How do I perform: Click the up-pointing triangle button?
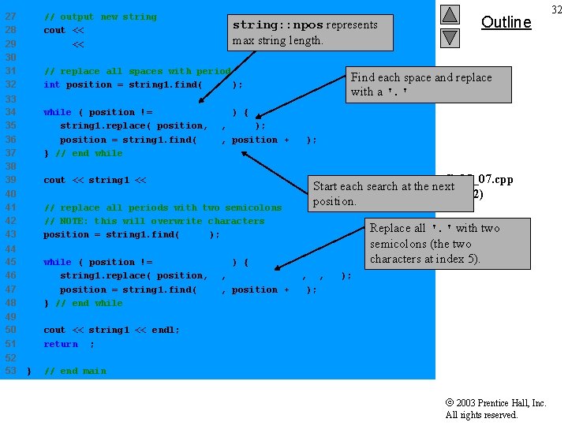(x=449, y=14)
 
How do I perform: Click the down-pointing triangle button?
(x=449, y=37)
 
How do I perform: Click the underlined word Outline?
(x=506, y=22)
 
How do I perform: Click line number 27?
(x=10, y=17)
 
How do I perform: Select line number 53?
(x=10, y=371)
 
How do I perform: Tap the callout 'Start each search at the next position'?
(x=390, y=194)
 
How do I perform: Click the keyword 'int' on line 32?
(x=51, y=84)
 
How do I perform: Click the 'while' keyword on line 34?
(x=57, y=112)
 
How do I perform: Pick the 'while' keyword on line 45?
(x=57, y=262)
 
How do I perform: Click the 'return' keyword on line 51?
(x=61, y=344)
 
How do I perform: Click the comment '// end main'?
(x=75, y=371)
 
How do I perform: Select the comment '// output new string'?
(x=100, y=17)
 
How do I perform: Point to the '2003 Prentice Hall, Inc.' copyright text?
(x=495, y=403)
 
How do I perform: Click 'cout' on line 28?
(x=54, y=30)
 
